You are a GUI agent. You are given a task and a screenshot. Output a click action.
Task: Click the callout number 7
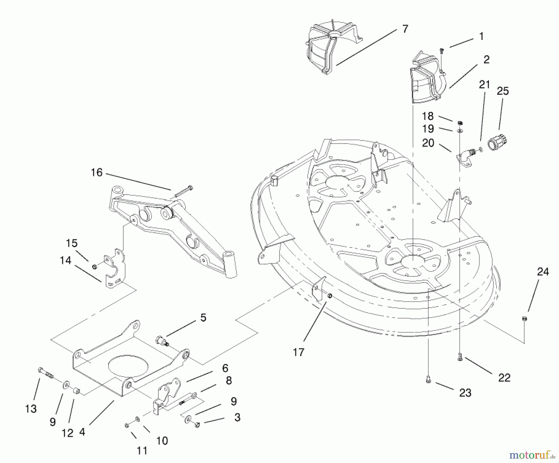click(405, 29)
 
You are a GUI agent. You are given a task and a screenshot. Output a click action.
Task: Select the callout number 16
click(96, 173)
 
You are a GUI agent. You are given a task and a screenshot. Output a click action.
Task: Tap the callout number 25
click(503, 91)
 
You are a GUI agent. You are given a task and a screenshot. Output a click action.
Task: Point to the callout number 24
click(543, 272)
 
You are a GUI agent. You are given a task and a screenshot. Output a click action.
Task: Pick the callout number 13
click(31, 409)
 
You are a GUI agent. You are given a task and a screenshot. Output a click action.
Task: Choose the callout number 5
click(203, 318)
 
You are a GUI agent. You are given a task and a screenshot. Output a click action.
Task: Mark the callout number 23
click(465, 393)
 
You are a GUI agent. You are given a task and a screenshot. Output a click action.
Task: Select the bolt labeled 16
click(184, 191)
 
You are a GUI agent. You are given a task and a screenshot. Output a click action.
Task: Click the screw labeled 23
click(428, 379)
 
